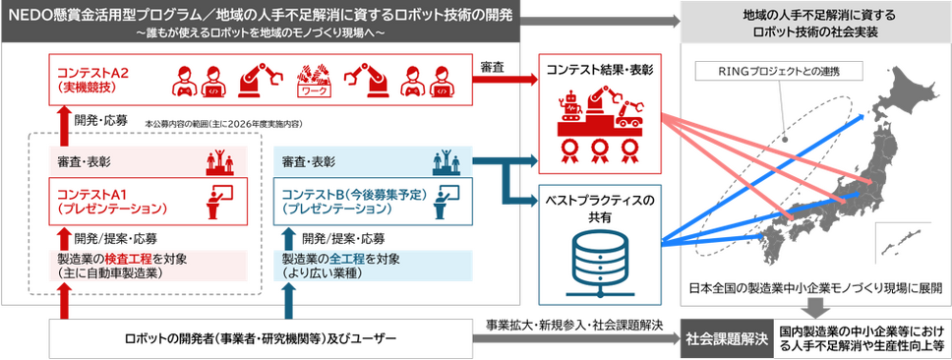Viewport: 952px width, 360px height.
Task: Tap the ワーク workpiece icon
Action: coord(314,81)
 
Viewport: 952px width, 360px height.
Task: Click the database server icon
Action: coord(599,266)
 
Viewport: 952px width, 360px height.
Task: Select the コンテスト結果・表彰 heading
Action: coord(599,70)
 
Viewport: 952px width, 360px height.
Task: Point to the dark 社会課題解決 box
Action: coord(727,337)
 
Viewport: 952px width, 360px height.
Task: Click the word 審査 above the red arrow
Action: coord(490,64)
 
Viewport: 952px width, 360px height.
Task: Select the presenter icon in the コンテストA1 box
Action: coord(219,201)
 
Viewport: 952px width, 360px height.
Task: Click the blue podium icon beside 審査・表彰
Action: coord(446,161)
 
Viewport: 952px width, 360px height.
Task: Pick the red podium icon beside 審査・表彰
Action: coord(219,161)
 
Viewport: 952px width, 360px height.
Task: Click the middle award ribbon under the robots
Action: coord(599,150)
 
